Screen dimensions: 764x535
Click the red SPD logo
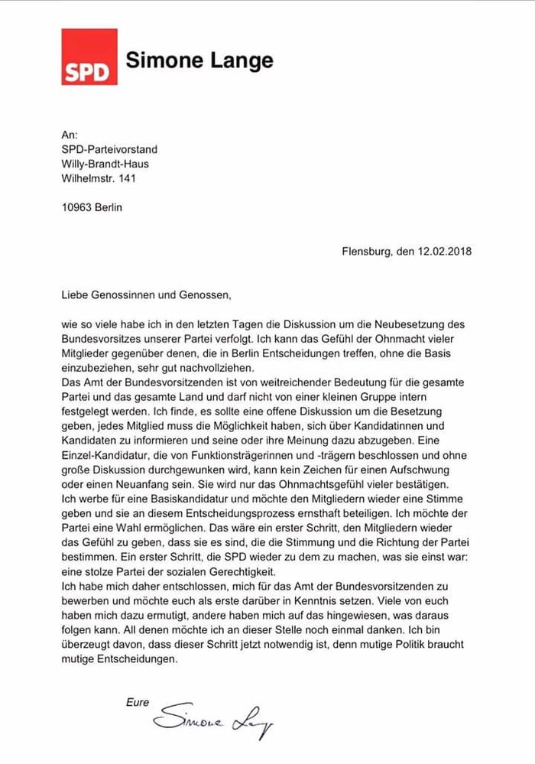point(89,57)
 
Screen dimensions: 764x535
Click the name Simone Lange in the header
point(199,60)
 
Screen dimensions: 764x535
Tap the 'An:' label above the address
point(70,135)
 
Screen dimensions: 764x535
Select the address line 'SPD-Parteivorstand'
point(109,149)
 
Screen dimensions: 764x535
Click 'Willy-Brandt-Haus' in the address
point(105,164)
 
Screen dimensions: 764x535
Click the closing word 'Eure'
point(138,703)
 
